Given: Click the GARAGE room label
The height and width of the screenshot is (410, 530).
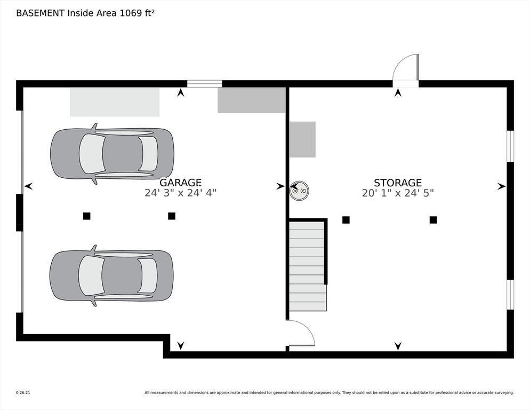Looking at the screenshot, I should point(180,183).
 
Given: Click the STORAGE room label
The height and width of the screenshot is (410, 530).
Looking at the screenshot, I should point(397,183).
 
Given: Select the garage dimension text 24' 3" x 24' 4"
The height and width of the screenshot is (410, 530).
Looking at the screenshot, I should point(180,193).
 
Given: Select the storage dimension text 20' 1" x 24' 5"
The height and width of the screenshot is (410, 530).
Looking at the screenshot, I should point(397,193).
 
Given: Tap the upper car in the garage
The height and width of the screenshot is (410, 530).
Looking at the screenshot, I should point(112,154).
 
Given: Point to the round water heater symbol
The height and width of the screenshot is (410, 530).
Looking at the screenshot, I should point(299,191).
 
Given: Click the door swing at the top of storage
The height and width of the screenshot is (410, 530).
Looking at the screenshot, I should point(406,69).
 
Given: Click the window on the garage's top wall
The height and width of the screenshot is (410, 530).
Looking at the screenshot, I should point(204,83).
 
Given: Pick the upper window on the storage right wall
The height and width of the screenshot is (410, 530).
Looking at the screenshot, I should point(510,146).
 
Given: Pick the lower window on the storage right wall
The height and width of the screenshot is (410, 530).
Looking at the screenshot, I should point(510,294).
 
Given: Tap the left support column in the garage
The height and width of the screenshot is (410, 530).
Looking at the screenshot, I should point(86,216).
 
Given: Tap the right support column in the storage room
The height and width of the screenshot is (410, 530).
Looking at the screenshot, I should point(433,219).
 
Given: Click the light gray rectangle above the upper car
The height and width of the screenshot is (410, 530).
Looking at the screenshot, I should point(115,102).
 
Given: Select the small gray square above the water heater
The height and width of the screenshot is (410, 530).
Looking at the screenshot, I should point(302,139).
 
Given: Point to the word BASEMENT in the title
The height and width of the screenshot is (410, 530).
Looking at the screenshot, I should point(40,13).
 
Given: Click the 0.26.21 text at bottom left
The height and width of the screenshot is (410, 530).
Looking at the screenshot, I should point(23,392).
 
